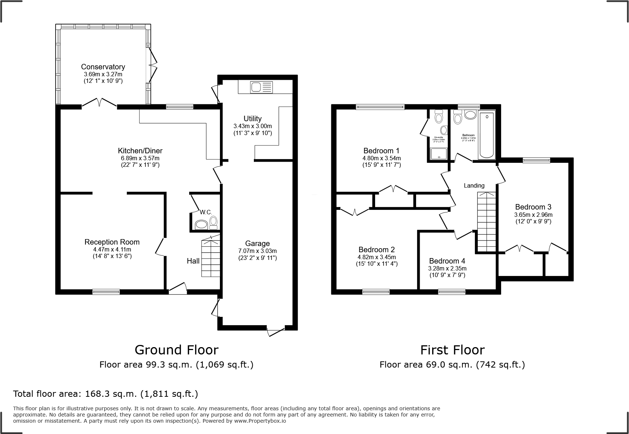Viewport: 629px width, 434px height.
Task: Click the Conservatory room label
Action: [x=103, y=67]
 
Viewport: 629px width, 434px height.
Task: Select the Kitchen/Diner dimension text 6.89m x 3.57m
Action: [x=140, y=158]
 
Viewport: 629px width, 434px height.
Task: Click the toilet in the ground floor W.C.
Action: [x=214, y=222]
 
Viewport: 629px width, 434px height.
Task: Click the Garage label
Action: [x=257, y=243]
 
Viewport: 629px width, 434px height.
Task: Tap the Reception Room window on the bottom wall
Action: [x=106, y=292]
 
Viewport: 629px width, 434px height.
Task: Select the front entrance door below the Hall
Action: [x=178, y=289]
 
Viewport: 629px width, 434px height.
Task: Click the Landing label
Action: [x=474, y=185]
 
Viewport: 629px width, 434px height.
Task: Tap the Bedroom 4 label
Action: [x=447, y=261]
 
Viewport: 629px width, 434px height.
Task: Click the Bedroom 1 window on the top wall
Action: [x=380, y=107]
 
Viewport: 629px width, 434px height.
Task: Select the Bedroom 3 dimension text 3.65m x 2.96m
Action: [x=533, y=215]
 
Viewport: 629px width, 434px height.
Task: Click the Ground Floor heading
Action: [x=176, y=350]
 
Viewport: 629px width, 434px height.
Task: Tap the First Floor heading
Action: [x=452, y=350]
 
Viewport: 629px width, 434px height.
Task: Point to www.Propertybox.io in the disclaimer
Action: [x=260, y=421]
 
